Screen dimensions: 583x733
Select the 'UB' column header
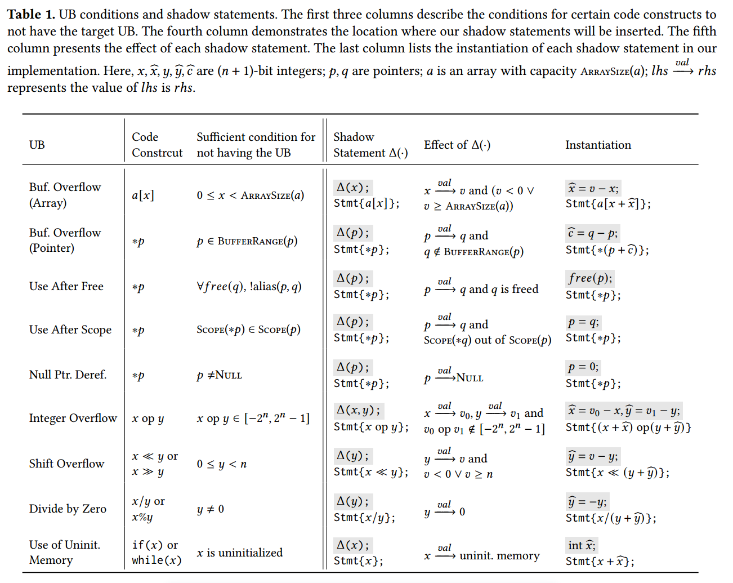(x=37, y=145)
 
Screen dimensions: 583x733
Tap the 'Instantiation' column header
(x=598, y=145)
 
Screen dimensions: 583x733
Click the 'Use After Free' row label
(x=66, y=286)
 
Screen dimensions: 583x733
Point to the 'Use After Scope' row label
(x=70, y=330)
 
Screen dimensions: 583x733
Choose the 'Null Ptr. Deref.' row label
(x=68, y=375)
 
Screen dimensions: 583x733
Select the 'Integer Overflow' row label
(x=73, y=418)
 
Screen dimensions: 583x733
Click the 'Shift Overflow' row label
(x=67, y=464)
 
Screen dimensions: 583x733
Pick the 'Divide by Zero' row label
(x=68, y=509)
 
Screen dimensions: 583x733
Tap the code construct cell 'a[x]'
(x=143, y=195)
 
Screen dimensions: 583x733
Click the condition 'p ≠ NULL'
(x=219, y=375)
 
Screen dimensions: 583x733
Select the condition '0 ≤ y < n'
(x=222, y=464)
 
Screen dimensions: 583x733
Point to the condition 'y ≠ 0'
(x=211, y=509)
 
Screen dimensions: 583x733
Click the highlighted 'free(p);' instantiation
(x=589, y=278)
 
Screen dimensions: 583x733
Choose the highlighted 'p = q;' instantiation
(x=583, y=323)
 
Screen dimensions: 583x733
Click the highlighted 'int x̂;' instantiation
(x=582, y=545)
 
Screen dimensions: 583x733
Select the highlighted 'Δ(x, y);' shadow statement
(x=358, y=410)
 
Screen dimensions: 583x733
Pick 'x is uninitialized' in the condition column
(x=240, y=553)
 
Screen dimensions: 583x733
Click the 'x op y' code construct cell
(x=148, y=419)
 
